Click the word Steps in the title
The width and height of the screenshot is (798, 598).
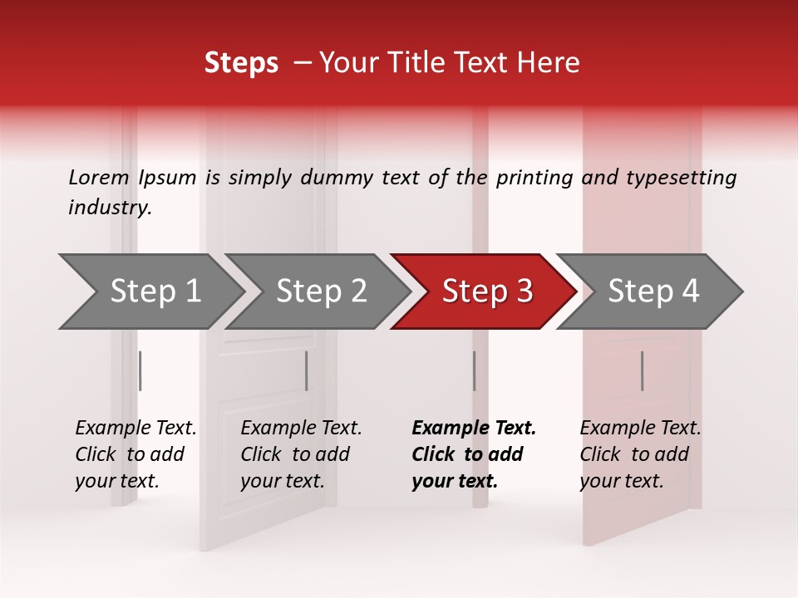(241, 63)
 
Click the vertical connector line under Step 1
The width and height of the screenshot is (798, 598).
(140, 370)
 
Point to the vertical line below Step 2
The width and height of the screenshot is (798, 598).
(307, 370)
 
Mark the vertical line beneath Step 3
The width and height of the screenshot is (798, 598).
(474, 370)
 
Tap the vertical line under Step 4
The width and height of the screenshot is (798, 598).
(642, 370)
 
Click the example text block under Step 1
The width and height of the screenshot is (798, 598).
(135, 454)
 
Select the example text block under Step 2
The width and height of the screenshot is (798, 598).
(301, 454)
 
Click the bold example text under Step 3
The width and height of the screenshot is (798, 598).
(473, 454)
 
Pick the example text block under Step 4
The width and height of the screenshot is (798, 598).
(640, 454)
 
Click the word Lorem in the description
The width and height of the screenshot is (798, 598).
(98, 178)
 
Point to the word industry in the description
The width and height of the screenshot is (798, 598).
(109, 208)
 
